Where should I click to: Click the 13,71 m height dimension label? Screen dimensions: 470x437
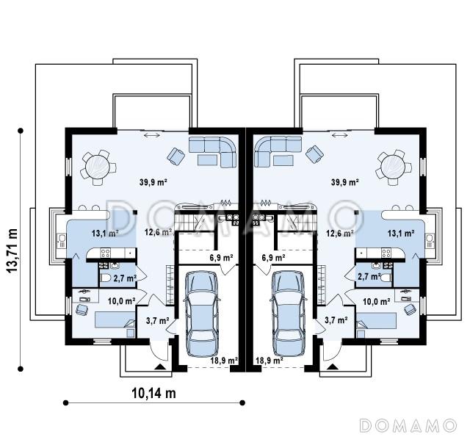tap(12, 250)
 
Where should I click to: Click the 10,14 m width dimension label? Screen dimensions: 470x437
tap(153, 393)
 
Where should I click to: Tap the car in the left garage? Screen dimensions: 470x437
tap(201, 314)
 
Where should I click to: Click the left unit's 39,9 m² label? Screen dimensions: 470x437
tap(153, 181)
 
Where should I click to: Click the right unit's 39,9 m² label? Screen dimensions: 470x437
tap(345, 181)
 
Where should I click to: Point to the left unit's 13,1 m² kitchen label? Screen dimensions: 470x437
tap(104, 233)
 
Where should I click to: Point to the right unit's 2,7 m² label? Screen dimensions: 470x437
tap(369, 276)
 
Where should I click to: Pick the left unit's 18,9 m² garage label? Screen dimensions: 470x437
tap(224, 360)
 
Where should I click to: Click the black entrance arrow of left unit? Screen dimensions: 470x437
tap(160, 366)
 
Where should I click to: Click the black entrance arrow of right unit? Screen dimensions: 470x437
tap(332, 366)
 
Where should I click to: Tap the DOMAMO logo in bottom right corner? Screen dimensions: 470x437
tap(408, 425)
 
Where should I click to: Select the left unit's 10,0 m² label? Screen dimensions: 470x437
tap(121, 301)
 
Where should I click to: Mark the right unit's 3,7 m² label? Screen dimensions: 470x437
tap(336, 320)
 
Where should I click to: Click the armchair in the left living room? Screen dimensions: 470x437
tap(176, 156)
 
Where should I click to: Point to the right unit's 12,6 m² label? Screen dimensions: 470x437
tap(339, 232)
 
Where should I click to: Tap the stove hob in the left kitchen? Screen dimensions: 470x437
tap(105, 253)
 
